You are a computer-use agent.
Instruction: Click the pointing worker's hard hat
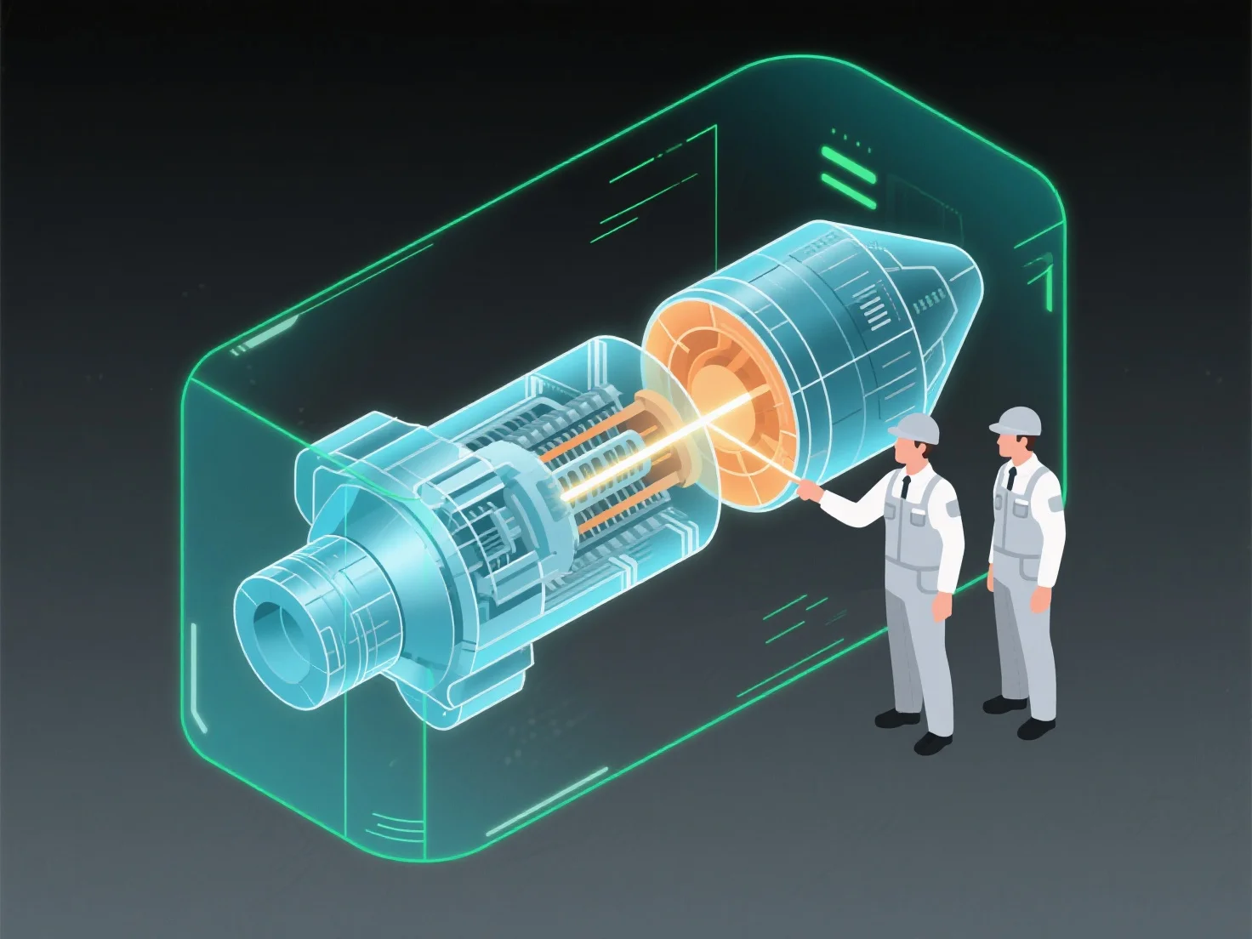pyautogui.click(x=915, y=427)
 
